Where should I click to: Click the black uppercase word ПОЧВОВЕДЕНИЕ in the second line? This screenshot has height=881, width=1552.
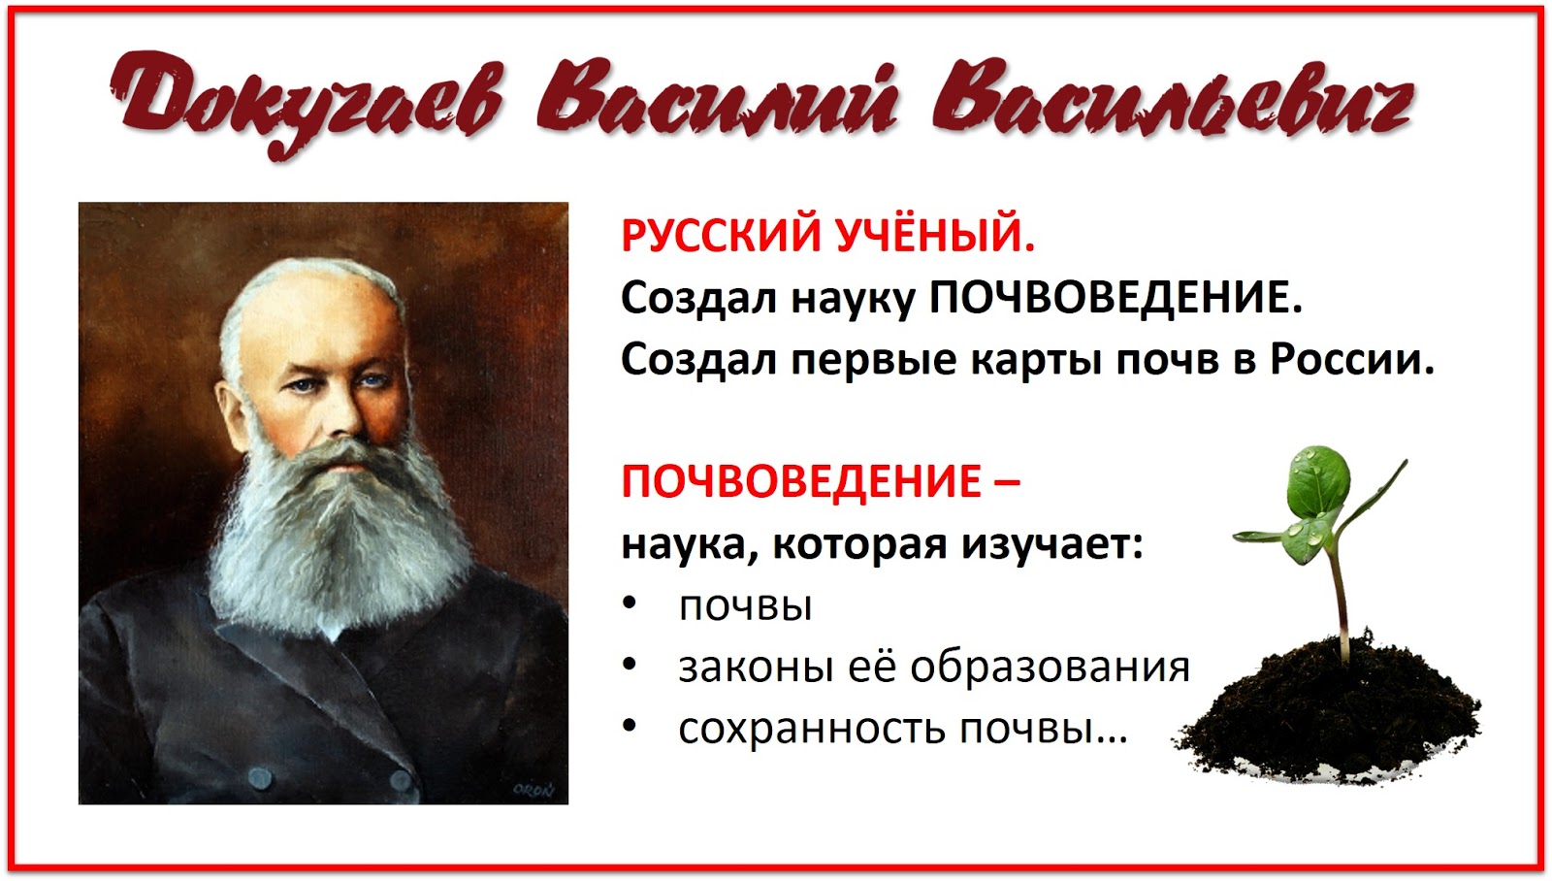1115,298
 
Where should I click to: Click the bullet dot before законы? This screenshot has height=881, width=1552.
630,666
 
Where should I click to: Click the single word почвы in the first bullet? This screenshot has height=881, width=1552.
745,606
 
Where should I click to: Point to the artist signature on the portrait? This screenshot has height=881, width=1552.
533,790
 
